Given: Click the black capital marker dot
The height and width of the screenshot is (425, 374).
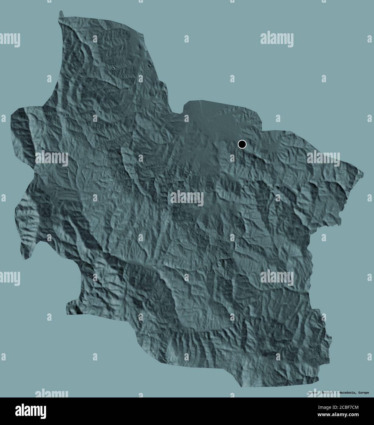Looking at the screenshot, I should tap(242, 144).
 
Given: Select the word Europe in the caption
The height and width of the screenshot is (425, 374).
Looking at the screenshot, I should tap(363, 393).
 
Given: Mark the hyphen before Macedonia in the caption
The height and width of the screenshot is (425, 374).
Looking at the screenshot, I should tap(334, 393).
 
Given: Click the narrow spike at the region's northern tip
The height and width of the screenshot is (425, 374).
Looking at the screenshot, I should tap(61, 13).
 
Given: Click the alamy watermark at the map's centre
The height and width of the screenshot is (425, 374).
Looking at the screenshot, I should tap(187, 198).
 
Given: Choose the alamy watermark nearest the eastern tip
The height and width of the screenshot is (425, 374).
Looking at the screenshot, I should tap(323, 158).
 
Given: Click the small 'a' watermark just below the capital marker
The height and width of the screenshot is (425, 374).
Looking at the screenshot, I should tap(232, 158).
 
